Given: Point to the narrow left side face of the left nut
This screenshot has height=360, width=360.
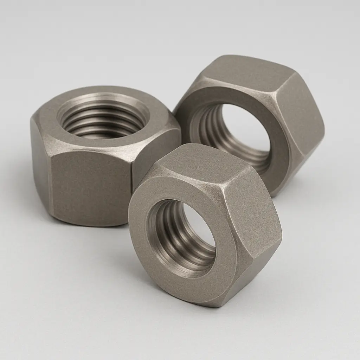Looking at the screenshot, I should point(41,165).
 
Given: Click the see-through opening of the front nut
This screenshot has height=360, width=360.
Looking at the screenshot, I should point(199,225).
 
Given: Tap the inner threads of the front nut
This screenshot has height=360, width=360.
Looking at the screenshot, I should point(165,232).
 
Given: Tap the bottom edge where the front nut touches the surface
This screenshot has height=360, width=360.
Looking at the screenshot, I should point(211,305).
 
